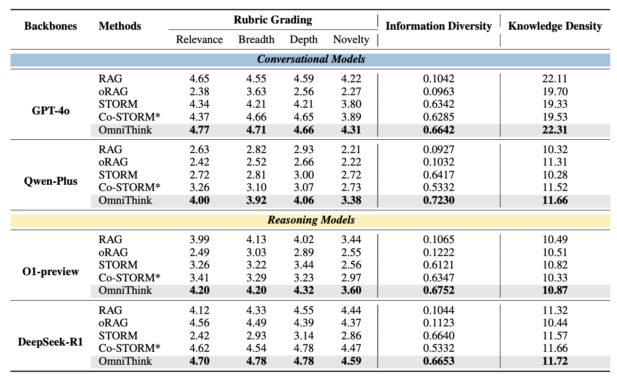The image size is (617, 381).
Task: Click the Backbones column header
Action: coord(51,26)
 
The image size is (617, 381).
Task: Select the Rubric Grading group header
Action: coord(273,20)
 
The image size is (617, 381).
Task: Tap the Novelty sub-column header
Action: coord(351,40)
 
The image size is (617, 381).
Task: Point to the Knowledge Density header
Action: coord(555,26)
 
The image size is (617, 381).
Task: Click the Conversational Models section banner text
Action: coord(311,59)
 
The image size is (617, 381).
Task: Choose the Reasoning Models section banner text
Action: coord(311,220)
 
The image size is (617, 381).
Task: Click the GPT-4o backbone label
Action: coord(51,111)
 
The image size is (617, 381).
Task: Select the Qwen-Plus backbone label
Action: coord(51,181)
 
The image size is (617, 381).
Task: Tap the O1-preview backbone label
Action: coord(51,272)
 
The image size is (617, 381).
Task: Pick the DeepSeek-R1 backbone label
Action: coord(51,342)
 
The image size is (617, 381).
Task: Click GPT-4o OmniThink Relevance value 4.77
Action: coord(199,130)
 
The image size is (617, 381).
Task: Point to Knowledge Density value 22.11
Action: coord(555,78)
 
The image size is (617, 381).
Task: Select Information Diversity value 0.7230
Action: coord(438,201)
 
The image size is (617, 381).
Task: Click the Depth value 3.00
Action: coord(304,175)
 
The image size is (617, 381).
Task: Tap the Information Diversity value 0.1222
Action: coord(438,252)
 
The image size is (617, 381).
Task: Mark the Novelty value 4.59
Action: coord(351,361)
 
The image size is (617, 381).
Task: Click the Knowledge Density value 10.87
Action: coord(555,291)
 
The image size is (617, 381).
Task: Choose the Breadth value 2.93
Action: coord(256,336)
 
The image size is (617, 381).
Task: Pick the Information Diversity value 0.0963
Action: coord(438,92)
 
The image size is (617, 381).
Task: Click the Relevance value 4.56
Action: coord(199,323)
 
